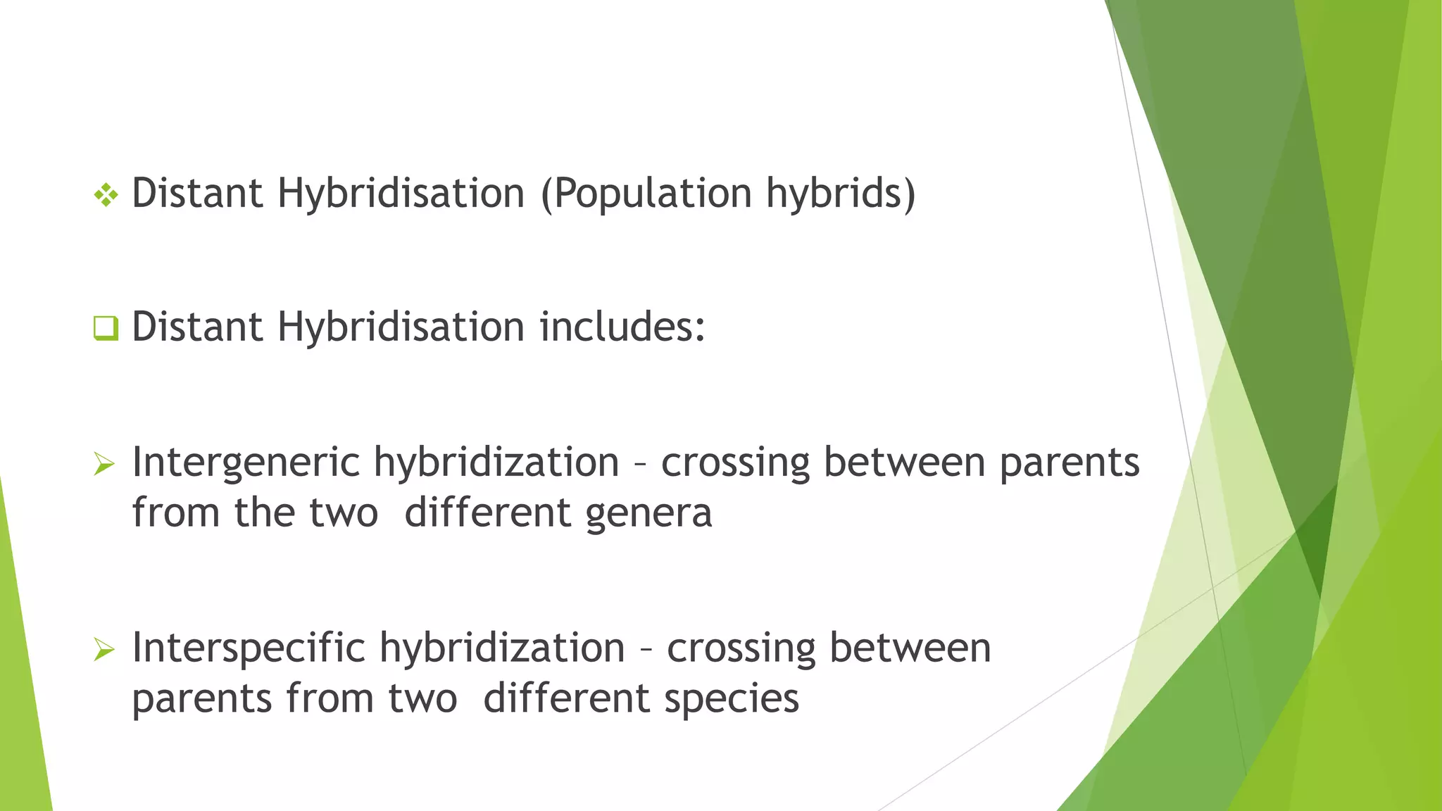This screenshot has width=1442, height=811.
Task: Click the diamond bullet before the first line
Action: point(106,195)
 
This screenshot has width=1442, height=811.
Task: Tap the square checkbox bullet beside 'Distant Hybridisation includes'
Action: point(106,328)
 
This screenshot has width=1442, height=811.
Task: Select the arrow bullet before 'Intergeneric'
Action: point(104,464)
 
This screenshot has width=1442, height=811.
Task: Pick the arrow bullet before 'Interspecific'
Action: point(104,650)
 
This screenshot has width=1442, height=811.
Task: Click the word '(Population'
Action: point(646,194)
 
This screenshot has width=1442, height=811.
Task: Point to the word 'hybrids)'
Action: point(841,194)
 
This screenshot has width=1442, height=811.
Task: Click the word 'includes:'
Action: point(622,327)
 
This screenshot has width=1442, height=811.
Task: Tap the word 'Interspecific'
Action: point(249,648)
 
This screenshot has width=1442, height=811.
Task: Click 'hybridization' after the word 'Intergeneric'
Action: point(496,463)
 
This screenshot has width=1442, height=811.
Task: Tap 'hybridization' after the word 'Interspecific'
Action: point(502,648)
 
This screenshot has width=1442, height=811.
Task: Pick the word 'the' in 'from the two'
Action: point(264,513)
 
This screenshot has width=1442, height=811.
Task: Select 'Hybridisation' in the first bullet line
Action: point(401,194)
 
